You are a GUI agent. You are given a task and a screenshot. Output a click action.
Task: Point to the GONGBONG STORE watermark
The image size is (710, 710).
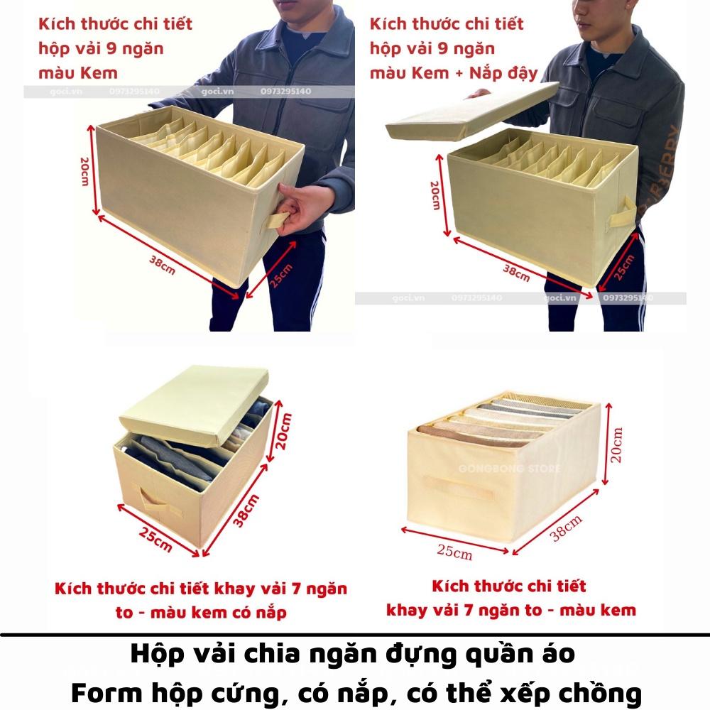[510, 469]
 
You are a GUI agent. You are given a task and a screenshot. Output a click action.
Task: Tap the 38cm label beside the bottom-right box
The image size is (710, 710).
[566, 529]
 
